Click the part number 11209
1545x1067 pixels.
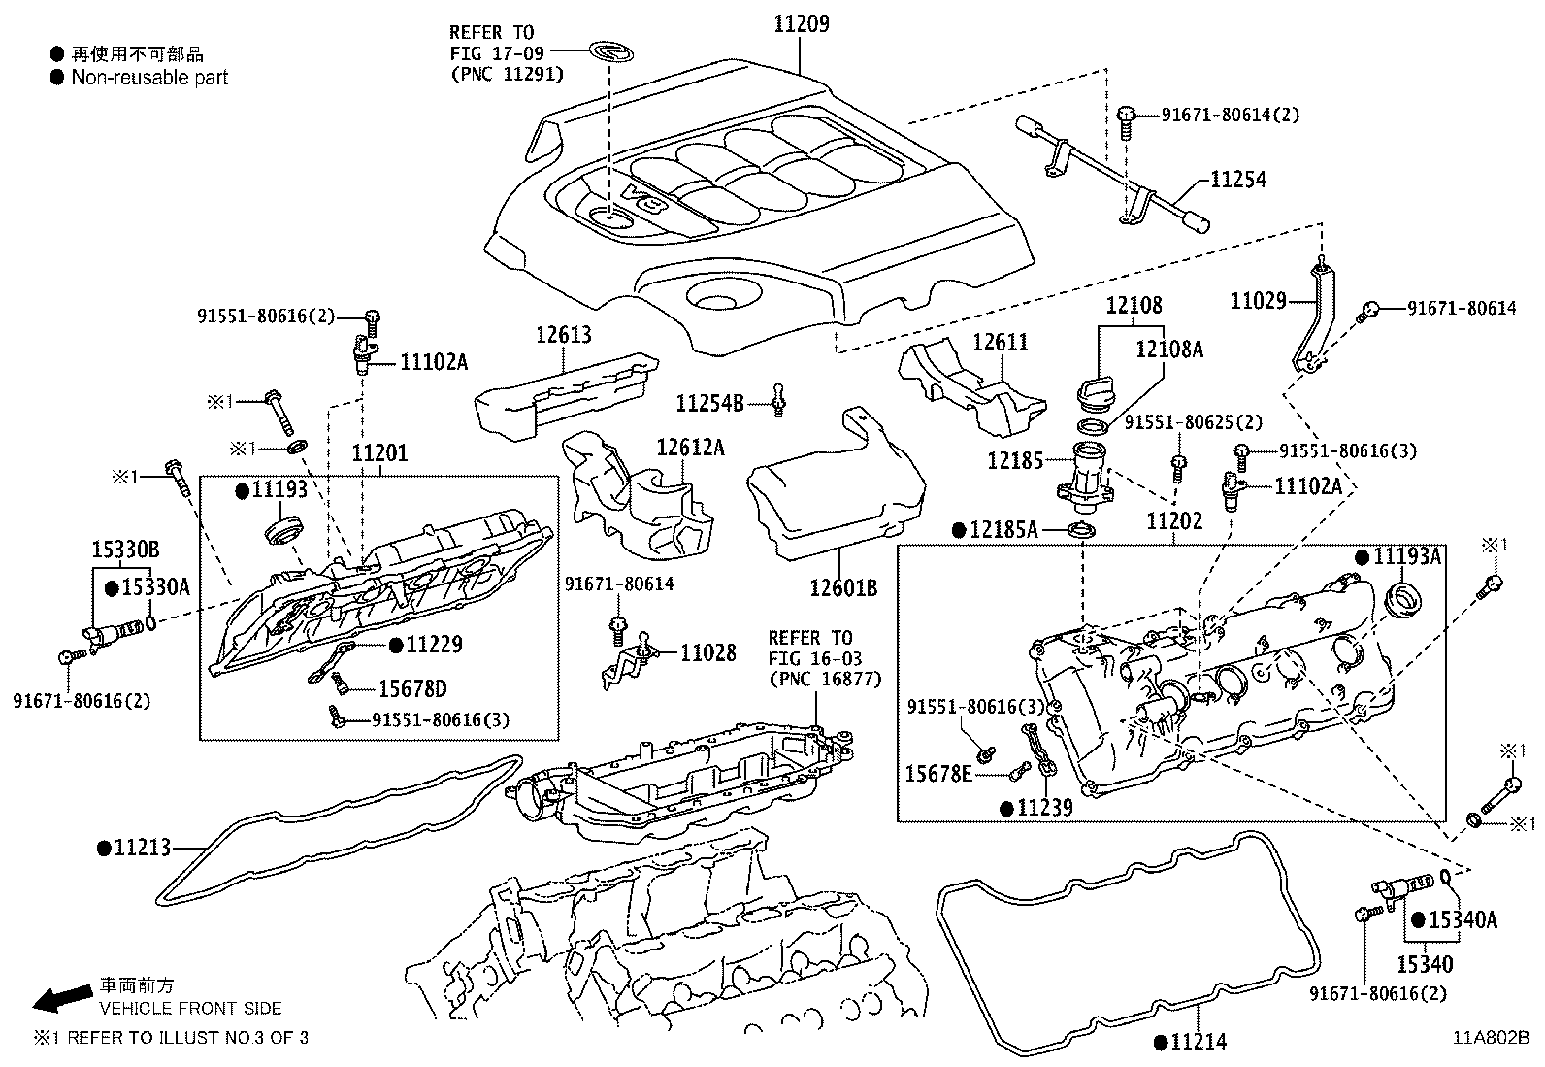[802, 24]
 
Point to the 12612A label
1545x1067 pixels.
[690, 448]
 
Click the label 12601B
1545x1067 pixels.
[842, 587]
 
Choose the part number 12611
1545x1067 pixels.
[1001, 343]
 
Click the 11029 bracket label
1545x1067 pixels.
[1258, 301]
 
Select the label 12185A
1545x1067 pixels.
[1004, 530]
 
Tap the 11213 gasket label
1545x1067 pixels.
[142, 848]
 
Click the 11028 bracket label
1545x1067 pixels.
[707, 653]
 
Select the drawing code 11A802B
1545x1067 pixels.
[1491, 1036]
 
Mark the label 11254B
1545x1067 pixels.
[709, 401]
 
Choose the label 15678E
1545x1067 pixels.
[938, 773]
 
